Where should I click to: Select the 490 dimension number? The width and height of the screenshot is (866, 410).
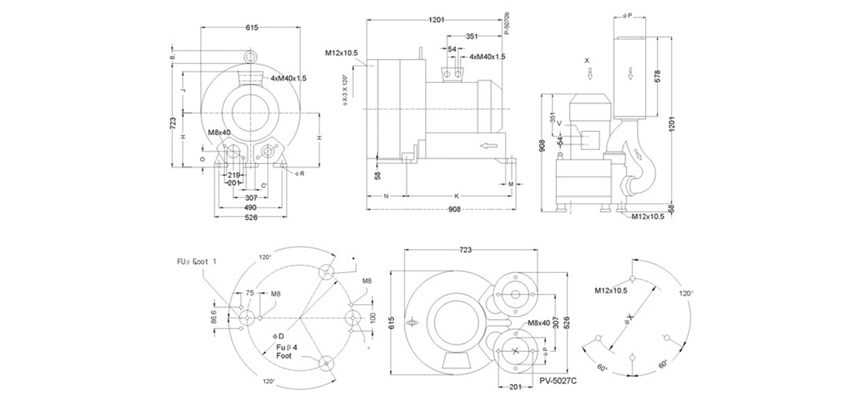click(x=251, y=207)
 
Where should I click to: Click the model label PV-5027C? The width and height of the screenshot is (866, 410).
click(x=559, y=379)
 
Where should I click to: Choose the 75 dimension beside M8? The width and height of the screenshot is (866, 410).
click(x=249, y=293)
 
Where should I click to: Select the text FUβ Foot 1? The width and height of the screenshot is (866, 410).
click(x=196, y=262)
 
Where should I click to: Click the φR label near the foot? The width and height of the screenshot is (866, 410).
click(x=300, y=173)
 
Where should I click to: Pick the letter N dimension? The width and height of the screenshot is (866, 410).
click(x=386, y=195)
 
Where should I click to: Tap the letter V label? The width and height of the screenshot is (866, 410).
click(x=558, y=124)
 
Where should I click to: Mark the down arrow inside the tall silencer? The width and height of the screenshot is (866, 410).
click(x=632, y=72)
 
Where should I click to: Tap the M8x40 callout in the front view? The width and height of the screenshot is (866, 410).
click(x=219, y=133)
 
